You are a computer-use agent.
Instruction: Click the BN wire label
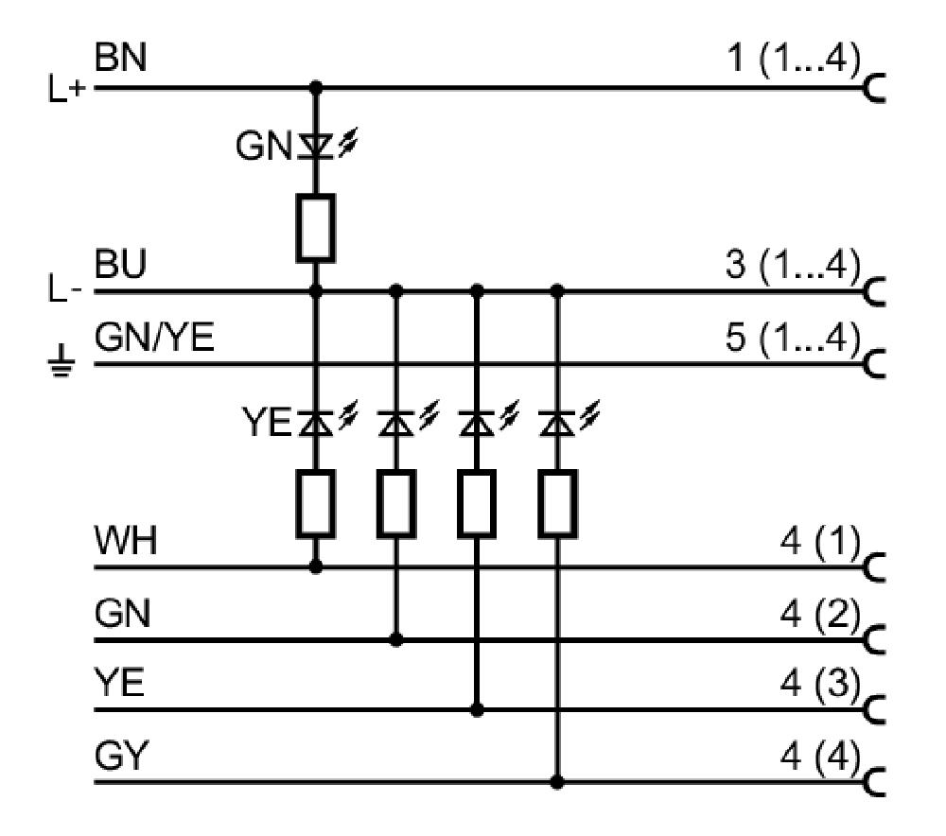(121, 58)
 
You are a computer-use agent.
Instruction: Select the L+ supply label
(67, 89)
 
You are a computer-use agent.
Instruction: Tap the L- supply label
(64, 289)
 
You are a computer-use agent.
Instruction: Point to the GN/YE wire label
(154, 337)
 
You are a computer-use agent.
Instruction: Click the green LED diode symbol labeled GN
(316, 146)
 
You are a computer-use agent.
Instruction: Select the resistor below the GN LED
(316, 228)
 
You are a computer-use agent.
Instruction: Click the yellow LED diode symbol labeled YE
(316, 422)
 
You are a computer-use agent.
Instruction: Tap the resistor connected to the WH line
(316, 504)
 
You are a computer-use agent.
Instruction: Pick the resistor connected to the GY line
(557, 504)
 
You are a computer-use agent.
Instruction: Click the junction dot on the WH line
(316, 566)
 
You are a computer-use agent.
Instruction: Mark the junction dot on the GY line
(557, 782)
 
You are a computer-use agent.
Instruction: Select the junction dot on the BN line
(316, 87)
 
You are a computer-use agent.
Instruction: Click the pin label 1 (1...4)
(794, 60)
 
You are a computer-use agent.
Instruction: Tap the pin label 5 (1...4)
(794, 338)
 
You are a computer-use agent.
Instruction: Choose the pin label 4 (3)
(820, 685)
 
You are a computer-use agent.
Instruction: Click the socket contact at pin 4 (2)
(874, 640)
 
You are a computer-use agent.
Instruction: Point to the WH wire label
(126, 540)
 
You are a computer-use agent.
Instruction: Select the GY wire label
(121, 755)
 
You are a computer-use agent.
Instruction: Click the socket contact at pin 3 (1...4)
(874, 292)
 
